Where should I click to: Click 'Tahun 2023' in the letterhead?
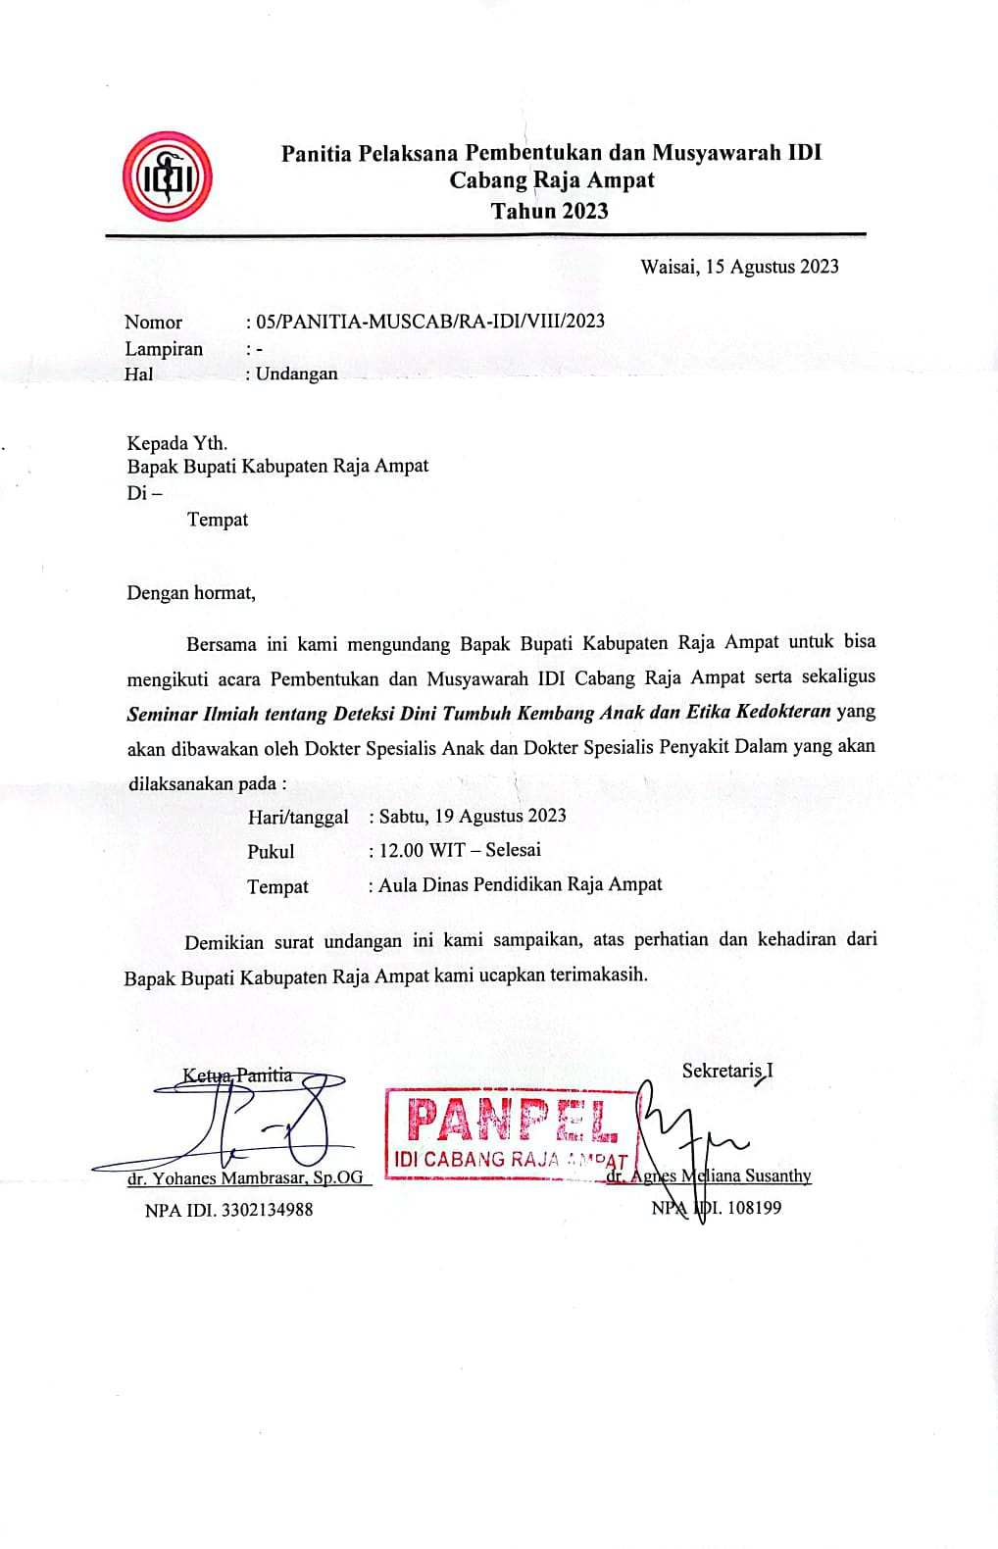click(549, 211)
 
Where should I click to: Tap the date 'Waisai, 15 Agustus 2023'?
click(739, 267)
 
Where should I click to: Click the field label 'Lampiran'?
click(164, 349)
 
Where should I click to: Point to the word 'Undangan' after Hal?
click(296, 374)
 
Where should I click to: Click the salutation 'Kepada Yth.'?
click(176, 443)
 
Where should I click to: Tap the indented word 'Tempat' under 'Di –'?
click(218, 520)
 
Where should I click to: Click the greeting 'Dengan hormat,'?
click(191, 593)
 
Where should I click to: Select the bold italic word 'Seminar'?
click(162, 714)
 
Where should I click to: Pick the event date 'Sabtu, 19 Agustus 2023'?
click(473, 816)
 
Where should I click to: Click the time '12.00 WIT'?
click(423, 850)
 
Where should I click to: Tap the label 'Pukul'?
click(271, 852)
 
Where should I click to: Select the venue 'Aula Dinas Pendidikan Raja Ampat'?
click(520, 884)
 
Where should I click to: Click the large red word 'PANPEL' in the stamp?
click(512, 1120)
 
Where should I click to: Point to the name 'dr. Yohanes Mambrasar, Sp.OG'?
click(245, 1177)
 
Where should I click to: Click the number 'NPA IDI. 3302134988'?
click(228, 1210)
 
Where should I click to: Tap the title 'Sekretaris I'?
click(726, 1071)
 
